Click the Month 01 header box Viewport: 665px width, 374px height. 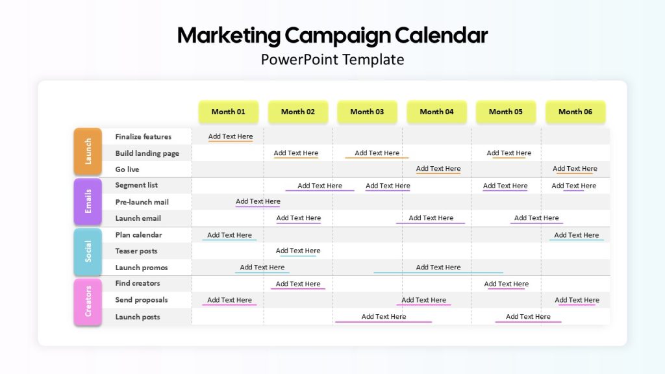click(229, 112)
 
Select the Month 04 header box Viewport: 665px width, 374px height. click(437, 112)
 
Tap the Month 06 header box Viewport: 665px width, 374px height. click(575, 112)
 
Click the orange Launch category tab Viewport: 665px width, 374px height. click(88, 151)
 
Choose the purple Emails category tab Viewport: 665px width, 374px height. click(88, 201)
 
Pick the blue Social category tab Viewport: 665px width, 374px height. click(88, 251)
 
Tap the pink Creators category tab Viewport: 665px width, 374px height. click(88, 301)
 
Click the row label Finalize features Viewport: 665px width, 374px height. click(144, 136)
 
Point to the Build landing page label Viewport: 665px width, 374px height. click(147, 153)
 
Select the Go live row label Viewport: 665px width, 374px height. click(127, 169)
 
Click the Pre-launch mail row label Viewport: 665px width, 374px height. click(142, 203)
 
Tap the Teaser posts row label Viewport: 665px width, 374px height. click(136, 251)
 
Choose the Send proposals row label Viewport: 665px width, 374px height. click(142, 300)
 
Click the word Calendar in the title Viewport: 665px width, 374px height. click(441, 35)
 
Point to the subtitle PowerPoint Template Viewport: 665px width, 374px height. click(332, 59)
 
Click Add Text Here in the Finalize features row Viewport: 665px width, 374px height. click(231, 136)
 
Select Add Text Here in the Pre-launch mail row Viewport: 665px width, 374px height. click(258, 201)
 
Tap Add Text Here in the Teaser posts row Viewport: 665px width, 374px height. click(298, 251)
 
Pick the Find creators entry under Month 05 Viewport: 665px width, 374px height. click(507, 284)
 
